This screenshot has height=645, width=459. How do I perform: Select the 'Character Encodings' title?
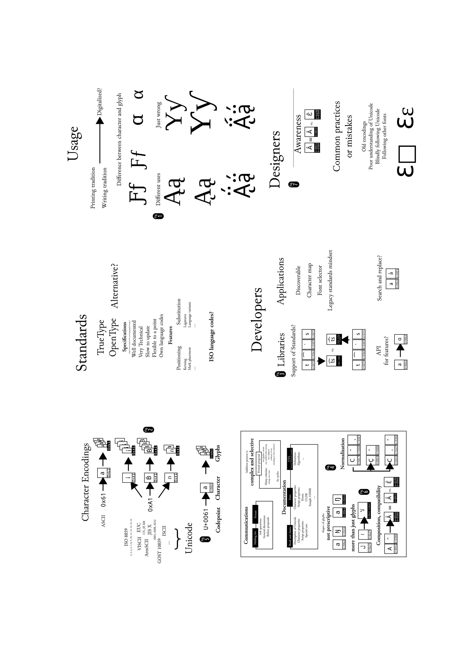point(85,482)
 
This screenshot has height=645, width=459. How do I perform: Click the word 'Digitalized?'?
point(99,102)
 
